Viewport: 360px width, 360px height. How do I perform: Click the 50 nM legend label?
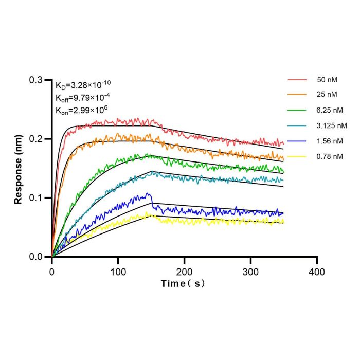(327, 80)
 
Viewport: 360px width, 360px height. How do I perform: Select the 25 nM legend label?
(327, 94)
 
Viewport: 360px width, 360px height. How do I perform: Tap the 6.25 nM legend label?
(330, 110)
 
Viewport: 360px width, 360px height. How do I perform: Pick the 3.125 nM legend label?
(332, 125)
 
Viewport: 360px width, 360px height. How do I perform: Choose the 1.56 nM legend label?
(330, 141)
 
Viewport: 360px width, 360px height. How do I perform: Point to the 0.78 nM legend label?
(330, 156)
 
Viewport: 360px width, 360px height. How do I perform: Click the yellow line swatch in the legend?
(297, 156)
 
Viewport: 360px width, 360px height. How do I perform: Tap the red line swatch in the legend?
(297, 80)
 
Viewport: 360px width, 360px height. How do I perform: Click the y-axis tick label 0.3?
(36, 80)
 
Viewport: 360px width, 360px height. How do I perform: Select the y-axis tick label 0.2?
(36, 139)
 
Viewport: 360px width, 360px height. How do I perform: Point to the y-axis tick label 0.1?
(36, 197)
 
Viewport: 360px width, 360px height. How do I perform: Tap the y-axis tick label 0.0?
(36, 257)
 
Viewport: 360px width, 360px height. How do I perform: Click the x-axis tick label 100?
(118, 272)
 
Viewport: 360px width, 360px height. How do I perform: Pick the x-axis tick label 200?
(184, 272)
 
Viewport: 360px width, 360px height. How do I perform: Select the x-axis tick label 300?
(251, 272)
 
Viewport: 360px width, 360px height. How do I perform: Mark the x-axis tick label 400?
(317, 272)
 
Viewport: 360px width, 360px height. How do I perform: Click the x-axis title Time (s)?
(183, 284)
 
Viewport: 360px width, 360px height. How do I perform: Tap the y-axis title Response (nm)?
(18, 169)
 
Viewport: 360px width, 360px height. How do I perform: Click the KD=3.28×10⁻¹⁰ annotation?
(83, 85)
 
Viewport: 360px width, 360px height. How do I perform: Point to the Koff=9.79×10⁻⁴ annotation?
(83, 98)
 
